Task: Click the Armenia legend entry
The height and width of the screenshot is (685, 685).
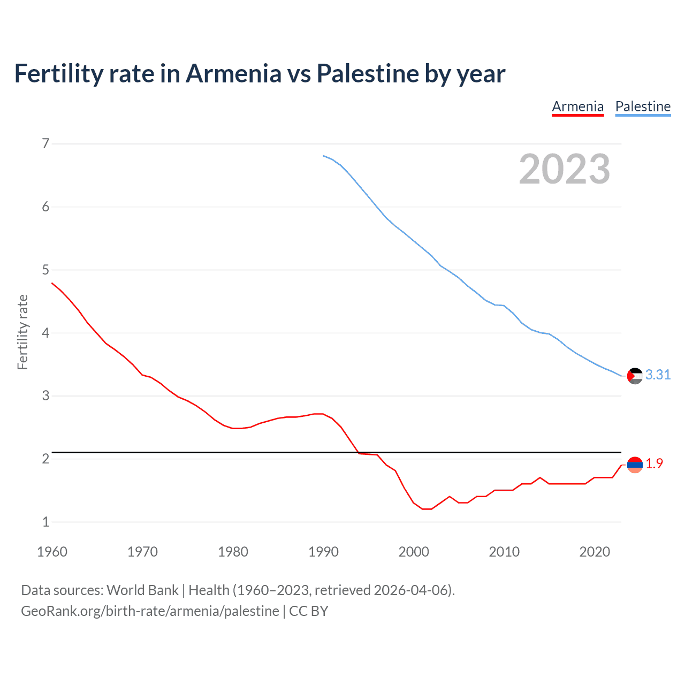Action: coord(577,106)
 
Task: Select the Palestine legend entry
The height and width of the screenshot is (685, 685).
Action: coord(643,106)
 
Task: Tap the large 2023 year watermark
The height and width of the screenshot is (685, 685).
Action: coord(564,169)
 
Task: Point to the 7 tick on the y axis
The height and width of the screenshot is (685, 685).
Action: coord(45,143)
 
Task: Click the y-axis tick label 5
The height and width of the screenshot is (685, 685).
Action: coord(45,270)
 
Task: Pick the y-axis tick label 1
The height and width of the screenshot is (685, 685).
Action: coord(45,522)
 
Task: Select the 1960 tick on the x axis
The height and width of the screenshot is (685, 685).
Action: coord(52,552)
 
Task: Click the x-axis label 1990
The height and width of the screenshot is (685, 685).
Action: coord(323,552)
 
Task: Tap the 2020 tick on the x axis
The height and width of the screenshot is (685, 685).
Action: coord(595,552)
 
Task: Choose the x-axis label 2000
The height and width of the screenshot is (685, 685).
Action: coord(414,552)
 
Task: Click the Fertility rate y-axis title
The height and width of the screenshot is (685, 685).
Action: coord(22,332)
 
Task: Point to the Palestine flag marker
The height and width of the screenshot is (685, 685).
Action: coord(635,376)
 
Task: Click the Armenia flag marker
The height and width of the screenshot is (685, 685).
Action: coord(635,465)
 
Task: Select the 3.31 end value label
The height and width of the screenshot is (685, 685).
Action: coord(658,375)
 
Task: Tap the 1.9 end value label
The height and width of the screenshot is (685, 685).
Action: coord(654,464)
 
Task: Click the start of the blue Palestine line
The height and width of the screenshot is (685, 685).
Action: coord(324,156)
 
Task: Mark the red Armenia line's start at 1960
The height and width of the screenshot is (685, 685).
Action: coord(52,283)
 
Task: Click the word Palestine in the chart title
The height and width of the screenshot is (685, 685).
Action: coord(368,74)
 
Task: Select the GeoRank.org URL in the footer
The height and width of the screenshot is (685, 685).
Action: coord(150,611)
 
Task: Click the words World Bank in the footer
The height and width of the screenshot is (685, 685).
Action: coord(142,590)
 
